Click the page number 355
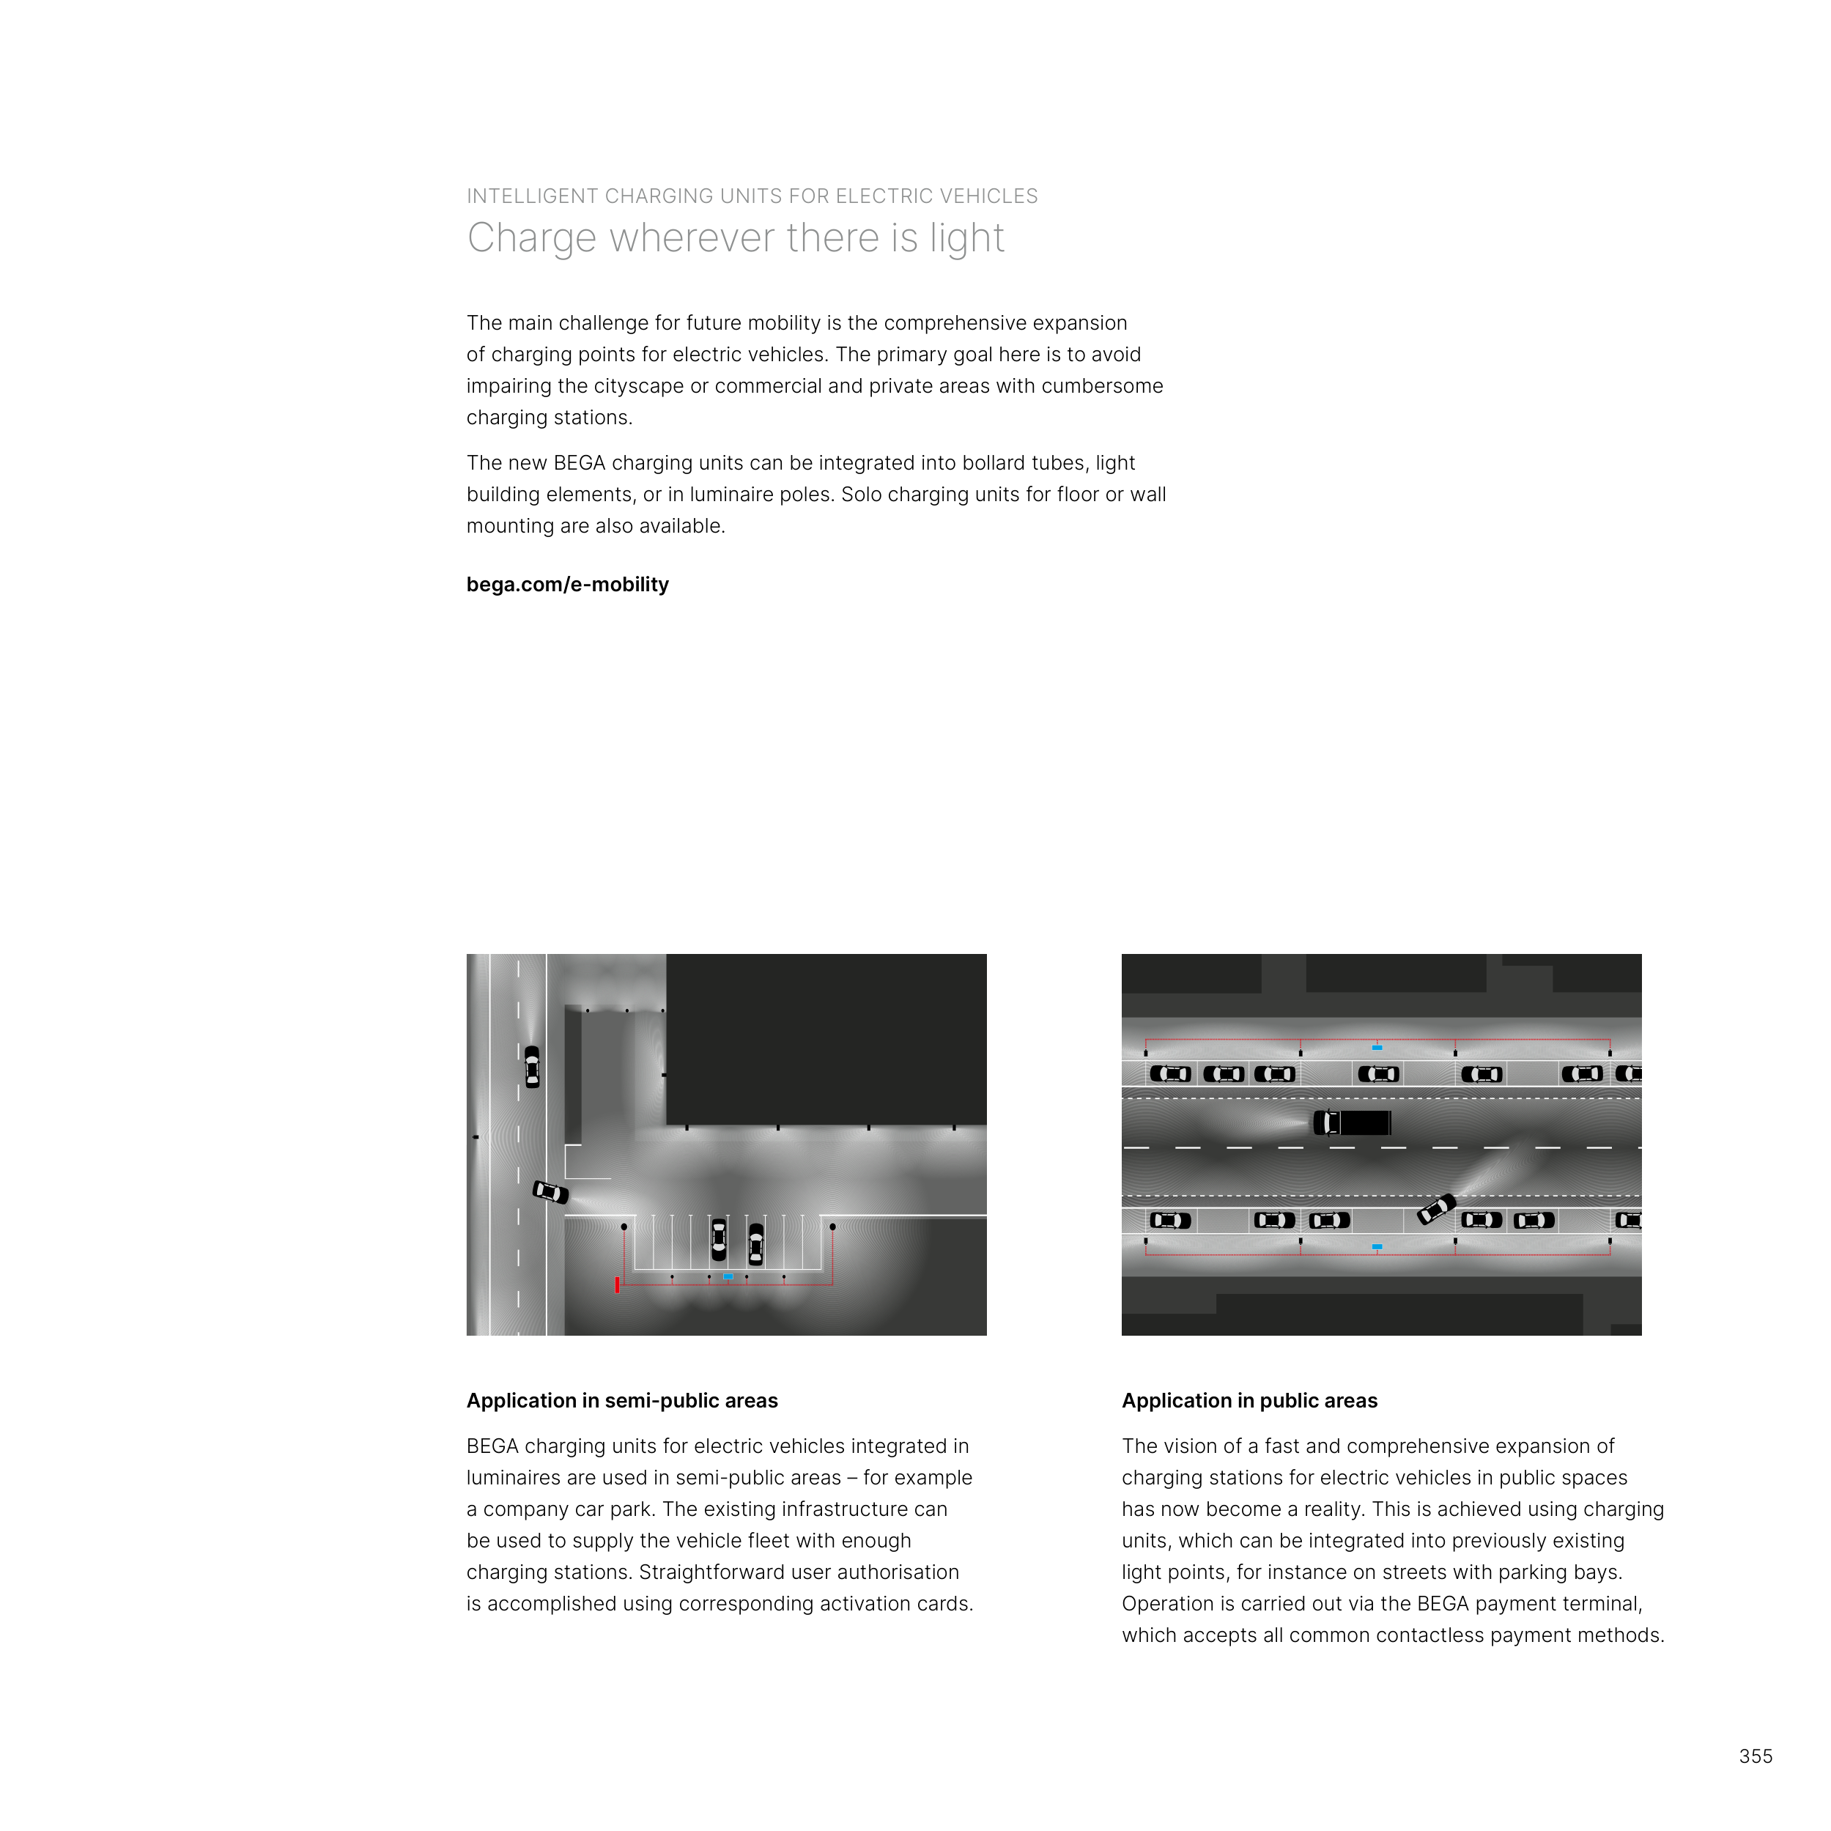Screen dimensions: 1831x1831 1756,1756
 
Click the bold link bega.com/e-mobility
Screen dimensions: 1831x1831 567,585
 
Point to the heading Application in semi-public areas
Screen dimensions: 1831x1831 622,1401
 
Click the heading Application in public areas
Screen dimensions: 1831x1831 1249,1401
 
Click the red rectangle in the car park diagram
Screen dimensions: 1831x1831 617,1285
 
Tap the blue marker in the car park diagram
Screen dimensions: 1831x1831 728,1276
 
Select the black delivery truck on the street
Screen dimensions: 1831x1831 1353,1123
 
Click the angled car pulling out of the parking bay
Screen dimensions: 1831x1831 1436,1209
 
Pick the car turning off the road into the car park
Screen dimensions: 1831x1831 551,1191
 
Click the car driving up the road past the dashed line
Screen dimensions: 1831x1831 532,1066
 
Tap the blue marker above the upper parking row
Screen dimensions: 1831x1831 1377,1047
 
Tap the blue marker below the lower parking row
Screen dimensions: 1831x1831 1377,1247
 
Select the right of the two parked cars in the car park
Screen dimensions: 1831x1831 755,1244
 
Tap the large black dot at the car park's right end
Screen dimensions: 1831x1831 832,1227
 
